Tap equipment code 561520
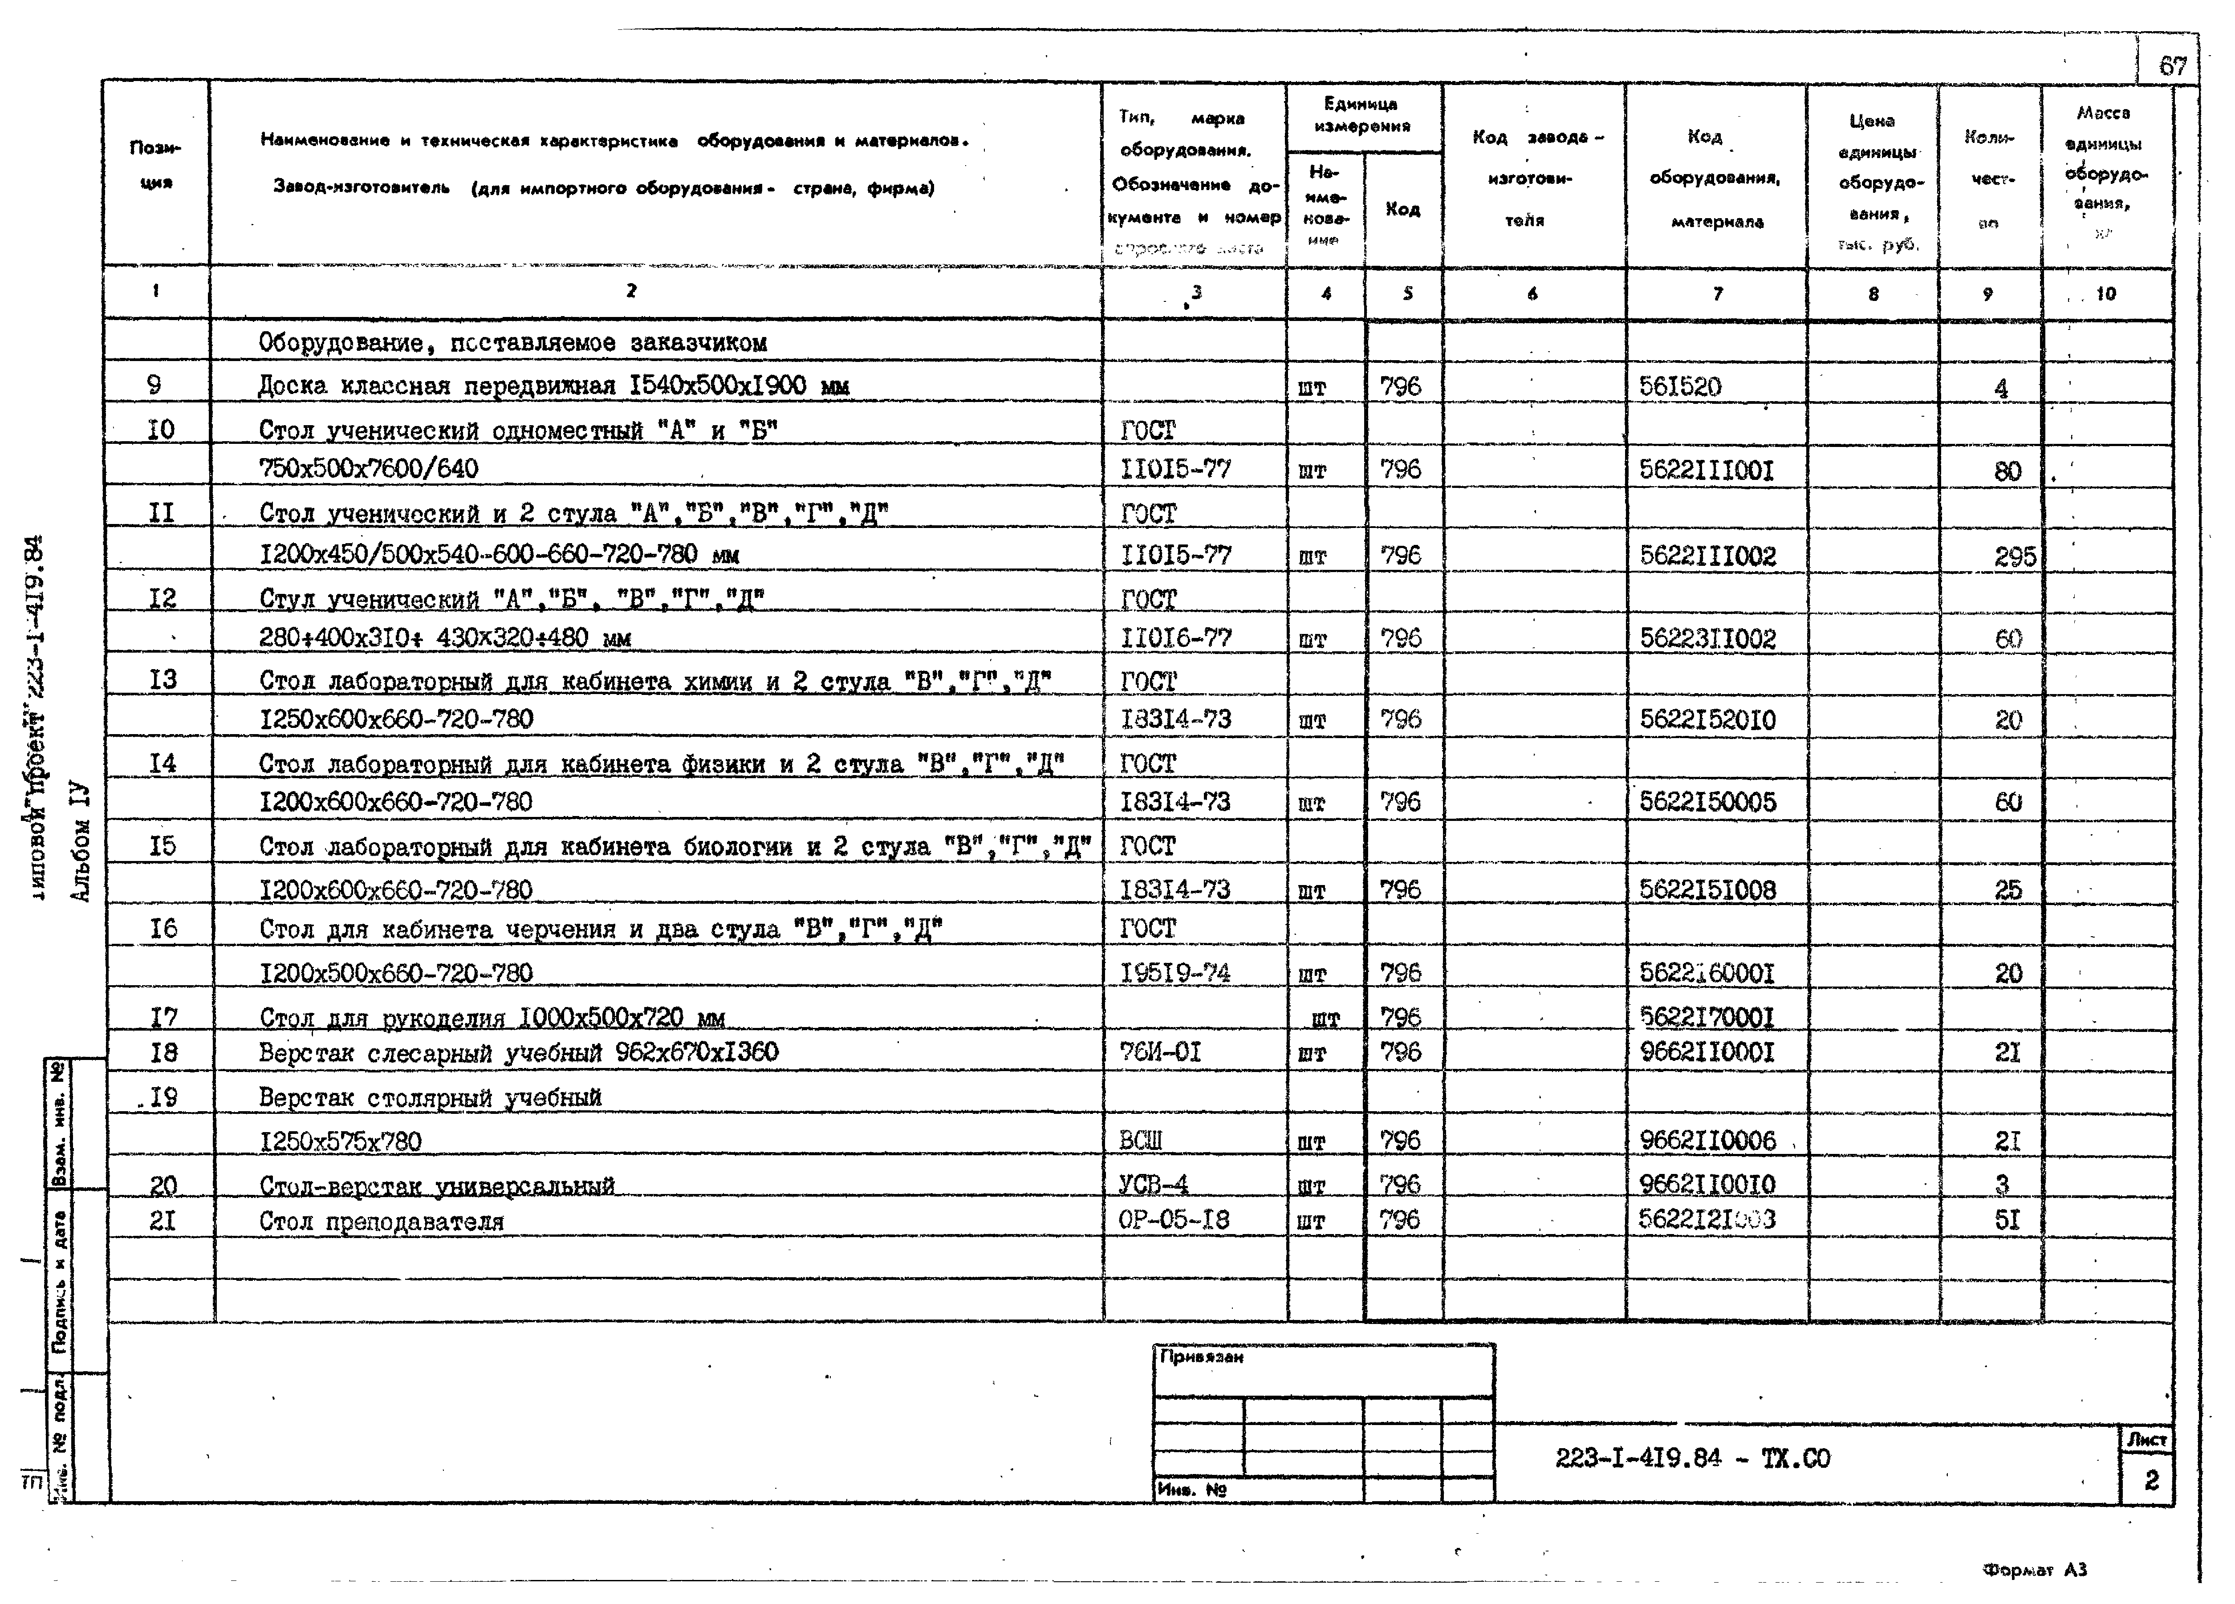1680,386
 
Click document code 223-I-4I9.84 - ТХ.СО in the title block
1692,1458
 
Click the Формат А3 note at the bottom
2034,1570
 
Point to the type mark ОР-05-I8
1174,1220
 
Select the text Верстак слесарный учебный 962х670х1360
518,1052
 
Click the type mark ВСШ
1141,1140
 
